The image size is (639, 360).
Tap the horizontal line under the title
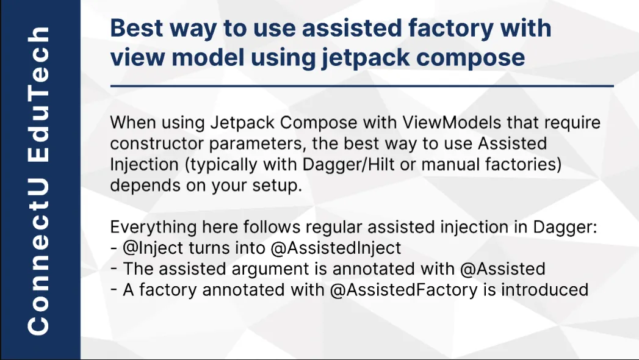click(361, 87)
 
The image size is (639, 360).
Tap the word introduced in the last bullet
click(544, 289)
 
